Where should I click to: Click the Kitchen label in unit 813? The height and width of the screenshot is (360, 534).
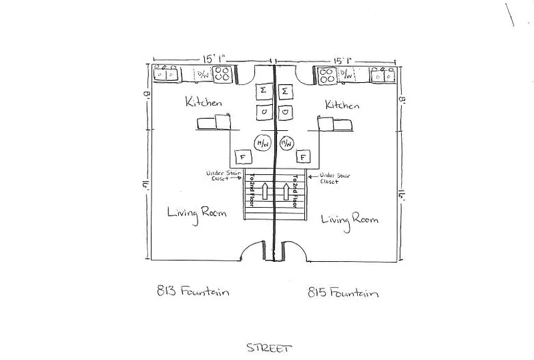point(204,102)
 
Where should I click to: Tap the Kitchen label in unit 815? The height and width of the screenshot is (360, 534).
point(342,105)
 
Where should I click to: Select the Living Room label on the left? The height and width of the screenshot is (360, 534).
point(197,213)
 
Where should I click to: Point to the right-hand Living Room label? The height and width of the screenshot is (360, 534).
point(350,218)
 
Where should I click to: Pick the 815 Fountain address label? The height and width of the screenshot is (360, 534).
point(344,293)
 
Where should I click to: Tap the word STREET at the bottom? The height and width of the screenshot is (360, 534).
point(269,347)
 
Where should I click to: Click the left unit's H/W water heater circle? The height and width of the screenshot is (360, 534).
point(262,143)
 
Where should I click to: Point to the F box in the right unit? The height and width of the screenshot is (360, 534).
point(304,158)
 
